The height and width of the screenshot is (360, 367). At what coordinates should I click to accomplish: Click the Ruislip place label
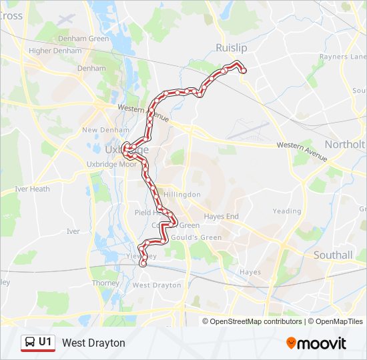[x=232, y=48]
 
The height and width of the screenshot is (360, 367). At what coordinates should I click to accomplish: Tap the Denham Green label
[x=83, y=39]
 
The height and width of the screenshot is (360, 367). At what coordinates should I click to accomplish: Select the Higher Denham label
[x=49, y=51]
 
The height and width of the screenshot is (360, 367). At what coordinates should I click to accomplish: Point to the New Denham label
[x=99, y=130]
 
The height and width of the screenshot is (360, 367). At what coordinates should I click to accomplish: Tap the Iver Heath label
[x=32, y=189]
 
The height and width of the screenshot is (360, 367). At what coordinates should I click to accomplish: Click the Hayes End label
[x=221, y=217]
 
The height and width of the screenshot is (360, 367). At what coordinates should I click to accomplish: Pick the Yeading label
[x=287, y=211]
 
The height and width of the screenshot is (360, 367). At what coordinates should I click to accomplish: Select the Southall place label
[x=333, y=255]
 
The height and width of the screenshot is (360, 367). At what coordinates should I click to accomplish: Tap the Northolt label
[x=344, y=145]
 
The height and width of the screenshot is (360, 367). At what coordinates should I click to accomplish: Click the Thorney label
[x=105, y=283]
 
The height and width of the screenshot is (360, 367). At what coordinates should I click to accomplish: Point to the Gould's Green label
[x=197, y=237]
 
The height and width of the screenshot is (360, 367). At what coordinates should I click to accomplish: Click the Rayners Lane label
[x=343, y=57]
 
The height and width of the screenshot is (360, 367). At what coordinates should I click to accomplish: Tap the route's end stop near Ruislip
[x=244, y=71]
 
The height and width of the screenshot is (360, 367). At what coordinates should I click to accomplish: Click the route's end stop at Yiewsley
[x=143, y=263]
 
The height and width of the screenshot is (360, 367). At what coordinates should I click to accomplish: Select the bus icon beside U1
[x=29, y=343]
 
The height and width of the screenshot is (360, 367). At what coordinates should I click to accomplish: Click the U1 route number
[x=45, y=342]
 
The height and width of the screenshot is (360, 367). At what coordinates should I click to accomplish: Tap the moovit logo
[x=316, y=343]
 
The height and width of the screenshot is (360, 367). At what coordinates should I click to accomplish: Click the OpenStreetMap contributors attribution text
[x=256, y=321]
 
